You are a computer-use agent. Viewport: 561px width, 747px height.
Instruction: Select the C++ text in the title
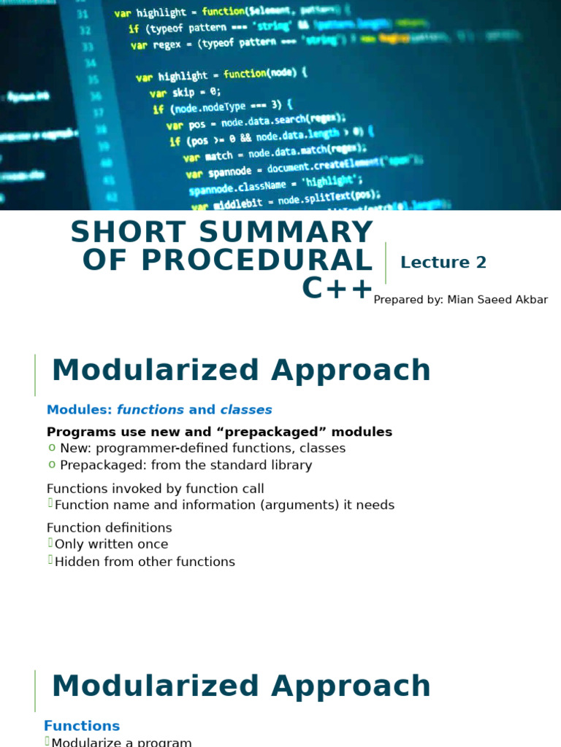337,289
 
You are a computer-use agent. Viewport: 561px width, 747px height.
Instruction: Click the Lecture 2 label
443,263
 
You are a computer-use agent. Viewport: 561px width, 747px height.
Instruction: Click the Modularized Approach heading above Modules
241,371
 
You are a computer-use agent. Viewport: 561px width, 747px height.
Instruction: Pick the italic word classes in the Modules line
246,410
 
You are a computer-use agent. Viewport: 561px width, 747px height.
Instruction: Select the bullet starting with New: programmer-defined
202,448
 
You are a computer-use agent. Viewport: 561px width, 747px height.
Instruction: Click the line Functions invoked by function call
156,489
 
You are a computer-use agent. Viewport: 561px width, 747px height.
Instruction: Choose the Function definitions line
110,527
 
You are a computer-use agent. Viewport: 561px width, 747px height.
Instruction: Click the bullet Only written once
111,544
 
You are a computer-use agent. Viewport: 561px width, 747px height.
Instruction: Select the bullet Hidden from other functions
145,562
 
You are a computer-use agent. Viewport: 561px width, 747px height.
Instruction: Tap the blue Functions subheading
82,726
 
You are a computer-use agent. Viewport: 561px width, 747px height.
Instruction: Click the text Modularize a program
121,742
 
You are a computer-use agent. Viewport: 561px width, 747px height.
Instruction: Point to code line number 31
83,14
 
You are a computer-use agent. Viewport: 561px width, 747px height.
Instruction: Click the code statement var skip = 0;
185,93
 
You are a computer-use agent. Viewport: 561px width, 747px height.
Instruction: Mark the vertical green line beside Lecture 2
386,263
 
